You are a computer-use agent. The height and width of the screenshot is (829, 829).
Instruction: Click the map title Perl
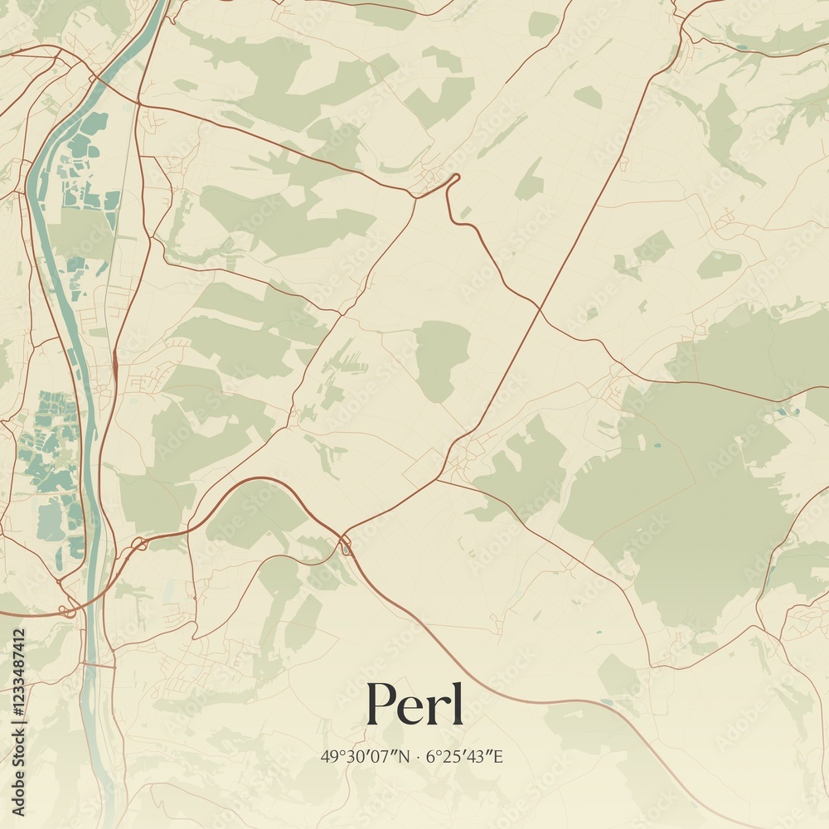point(414,703)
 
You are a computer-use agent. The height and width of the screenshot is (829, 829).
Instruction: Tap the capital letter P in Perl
point(382,703)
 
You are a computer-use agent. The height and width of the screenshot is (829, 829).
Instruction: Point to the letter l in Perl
point(456,701)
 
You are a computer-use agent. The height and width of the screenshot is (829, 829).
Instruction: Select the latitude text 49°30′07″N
point(365,756)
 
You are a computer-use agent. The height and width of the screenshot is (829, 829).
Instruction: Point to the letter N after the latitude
point(403,756)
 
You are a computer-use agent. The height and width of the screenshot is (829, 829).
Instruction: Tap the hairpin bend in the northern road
point(453,180)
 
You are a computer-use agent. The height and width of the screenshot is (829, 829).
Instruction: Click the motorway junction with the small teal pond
point(345,545)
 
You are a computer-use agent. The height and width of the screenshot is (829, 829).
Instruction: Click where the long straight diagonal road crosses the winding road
point(540,309)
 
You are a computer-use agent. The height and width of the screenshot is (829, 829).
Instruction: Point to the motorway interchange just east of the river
point(138,544)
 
